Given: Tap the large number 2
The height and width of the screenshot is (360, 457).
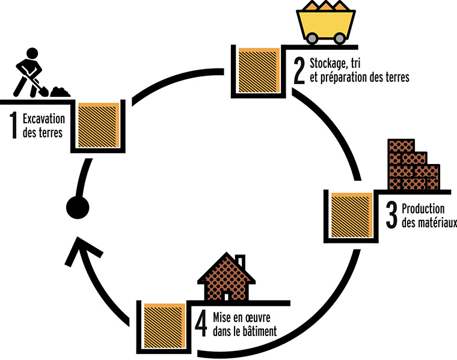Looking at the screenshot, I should pos(299,69).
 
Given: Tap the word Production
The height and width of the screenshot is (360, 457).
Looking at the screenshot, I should pos(423,210).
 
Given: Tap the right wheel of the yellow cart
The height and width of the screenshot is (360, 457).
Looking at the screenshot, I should pos(340,38).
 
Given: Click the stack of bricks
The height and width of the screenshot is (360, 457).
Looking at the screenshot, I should pos(413,165).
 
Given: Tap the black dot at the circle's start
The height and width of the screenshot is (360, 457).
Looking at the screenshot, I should pos(77,207).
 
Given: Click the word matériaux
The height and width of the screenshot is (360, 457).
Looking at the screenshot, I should pos(429,224).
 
